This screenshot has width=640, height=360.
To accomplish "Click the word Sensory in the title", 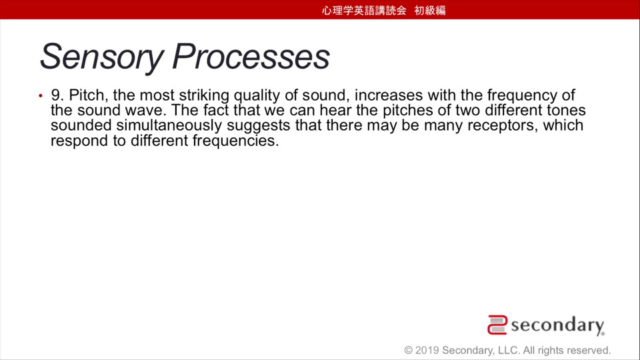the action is [x=102, y=57].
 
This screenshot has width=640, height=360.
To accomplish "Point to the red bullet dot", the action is [x=41, y=96].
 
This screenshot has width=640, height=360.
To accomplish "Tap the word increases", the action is [x=389, y=95].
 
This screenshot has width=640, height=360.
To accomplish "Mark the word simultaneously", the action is [x=169, y=126].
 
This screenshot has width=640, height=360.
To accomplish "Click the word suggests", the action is [x=259, y=126].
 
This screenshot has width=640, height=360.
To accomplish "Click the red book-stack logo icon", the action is [x=497, y=325].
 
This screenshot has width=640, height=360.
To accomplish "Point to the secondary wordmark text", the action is [x=557, y=325].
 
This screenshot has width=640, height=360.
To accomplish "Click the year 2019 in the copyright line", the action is [x=427, y=350].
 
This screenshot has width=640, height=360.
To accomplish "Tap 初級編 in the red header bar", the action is [x=430, y=10].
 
